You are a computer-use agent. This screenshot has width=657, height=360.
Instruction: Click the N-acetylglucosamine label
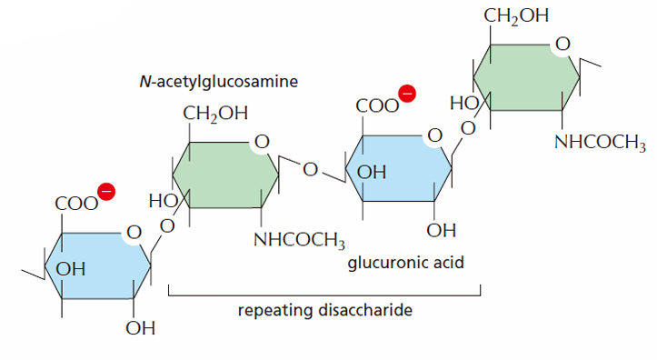click(x=218, y=81)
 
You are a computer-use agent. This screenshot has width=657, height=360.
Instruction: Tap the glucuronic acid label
click(x=405, y=264)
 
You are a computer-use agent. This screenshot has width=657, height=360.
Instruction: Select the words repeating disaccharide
click(x=325, y=311)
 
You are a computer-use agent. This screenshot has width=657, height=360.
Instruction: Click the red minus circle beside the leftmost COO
click(x=106, y=192)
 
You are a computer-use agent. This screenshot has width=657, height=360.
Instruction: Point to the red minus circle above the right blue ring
click(x=407, y=93)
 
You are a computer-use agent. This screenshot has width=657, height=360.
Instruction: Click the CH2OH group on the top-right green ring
click(x=516, y=16)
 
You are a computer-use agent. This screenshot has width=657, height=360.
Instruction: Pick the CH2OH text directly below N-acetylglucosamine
click(x=215, y=114)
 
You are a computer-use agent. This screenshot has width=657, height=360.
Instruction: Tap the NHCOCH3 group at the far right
click(x=600, y=143)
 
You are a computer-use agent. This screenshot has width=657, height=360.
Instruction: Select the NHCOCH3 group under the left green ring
click(x=299, y=240)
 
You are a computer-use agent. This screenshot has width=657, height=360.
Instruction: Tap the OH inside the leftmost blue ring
click(x=70, y=269)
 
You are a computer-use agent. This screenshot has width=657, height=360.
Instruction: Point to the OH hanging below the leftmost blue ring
click(x=140, y=328)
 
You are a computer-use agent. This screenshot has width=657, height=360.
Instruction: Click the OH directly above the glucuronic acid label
click(x=442, y=231)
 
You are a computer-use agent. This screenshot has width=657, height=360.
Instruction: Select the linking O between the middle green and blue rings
click(x=310, y=170)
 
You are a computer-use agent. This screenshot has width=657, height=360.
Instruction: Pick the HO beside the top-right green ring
click(x=464, y=103)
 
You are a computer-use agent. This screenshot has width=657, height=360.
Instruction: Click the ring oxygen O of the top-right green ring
click(x=562, y=44)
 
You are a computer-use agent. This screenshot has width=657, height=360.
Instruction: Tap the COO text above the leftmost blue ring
click(x=76, y=205)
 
